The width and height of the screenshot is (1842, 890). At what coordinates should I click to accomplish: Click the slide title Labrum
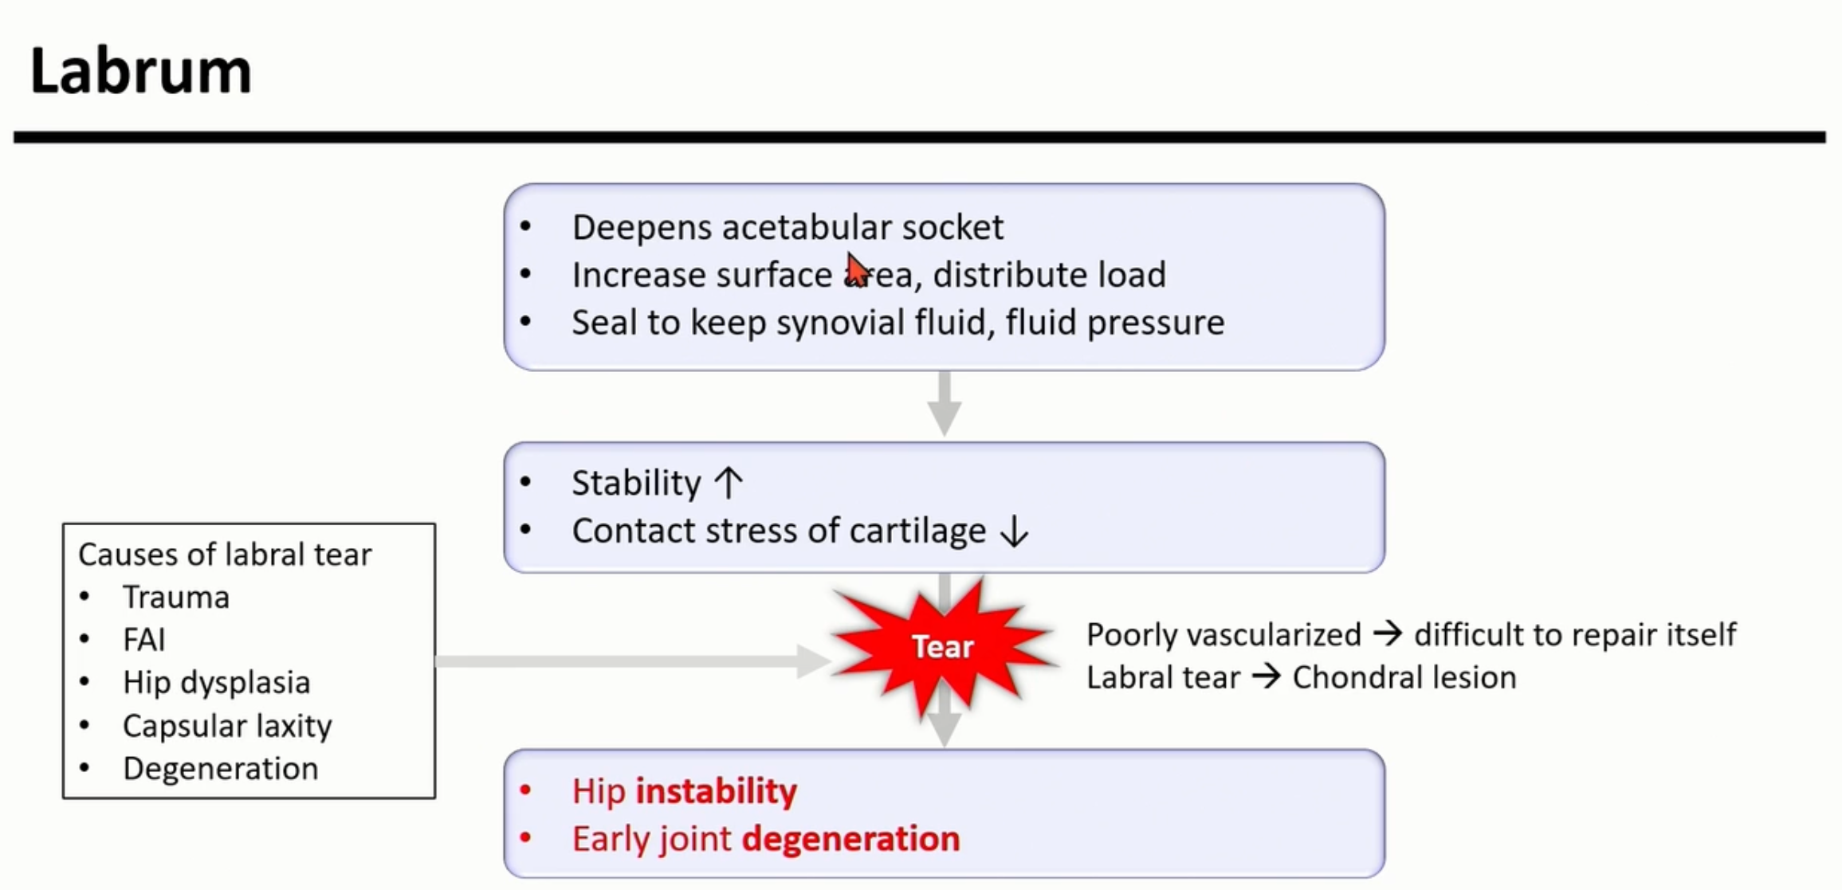coord(140,72)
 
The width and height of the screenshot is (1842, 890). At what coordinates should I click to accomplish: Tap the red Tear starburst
coord(943,646)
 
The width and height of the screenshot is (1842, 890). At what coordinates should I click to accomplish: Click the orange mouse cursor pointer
coord(857,269)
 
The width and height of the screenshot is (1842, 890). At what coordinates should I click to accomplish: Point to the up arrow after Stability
coord(729,483)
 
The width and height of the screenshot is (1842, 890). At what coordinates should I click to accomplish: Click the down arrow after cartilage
coord(1014,531)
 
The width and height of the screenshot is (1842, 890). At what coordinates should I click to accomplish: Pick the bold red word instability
coord(716,791)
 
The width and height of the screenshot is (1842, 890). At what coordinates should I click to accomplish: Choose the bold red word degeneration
coord(850,839)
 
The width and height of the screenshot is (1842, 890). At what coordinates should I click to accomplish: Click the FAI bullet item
coord(144,640)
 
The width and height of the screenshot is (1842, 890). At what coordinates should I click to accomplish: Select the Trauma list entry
coord(176,597)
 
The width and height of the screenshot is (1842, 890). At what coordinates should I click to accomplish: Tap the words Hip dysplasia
coord(216,683)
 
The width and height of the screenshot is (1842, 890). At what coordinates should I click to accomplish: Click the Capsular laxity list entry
coord(227,726)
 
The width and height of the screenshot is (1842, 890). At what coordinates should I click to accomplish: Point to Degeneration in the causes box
coord(220,769)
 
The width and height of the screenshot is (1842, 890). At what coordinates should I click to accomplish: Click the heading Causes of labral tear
coord(225,555)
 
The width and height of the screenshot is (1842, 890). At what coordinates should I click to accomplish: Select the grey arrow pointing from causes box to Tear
coord(630,661)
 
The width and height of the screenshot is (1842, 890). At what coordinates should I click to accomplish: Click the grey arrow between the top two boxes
coord(945,403)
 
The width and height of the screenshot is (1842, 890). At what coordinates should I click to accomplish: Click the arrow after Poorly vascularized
coord(1387,634)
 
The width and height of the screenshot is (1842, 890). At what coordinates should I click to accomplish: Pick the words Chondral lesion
coord(1404,678)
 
